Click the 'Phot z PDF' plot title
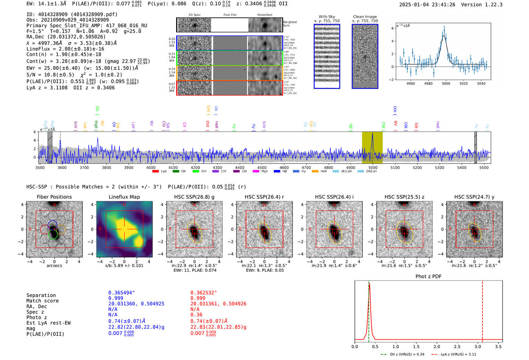pos(428,277)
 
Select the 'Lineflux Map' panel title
pos(124,197)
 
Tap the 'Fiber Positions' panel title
pos(54,197)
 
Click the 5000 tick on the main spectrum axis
pos(373,167)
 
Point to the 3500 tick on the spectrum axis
pos(40,167)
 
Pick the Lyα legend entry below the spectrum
pos(160,172)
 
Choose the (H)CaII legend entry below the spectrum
pos(367,172)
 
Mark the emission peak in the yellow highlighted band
pos(373,134)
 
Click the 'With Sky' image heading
pos(327,17)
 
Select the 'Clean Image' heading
pos(365,17)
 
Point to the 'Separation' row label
pos(41,295)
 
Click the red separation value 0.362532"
pos(204,293)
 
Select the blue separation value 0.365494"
pos(122,293)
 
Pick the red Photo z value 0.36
pos(196,315)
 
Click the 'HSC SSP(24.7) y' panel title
pos(474,197)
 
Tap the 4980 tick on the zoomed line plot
pos(428,83)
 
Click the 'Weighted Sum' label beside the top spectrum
pos(290,24)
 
